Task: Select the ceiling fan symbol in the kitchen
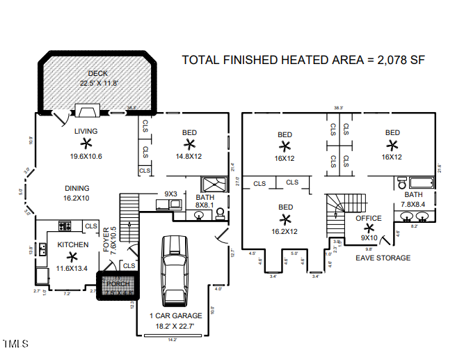[x=72, y=257]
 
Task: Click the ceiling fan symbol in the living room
[x=86, y=143]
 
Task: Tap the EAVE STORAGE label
[x=383, y=258]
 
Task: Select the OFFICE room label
[x=369, y=218]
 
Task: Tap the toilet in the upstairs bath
[x=402, y=182]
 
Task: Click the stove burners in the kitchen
[x=65, y=225]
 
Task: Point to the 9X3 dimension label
[x=171, y=194]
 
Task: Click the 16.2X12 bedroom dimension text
[x=285, y=231]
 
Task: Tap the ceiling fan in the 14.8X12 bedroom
[x=189, y=144]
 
